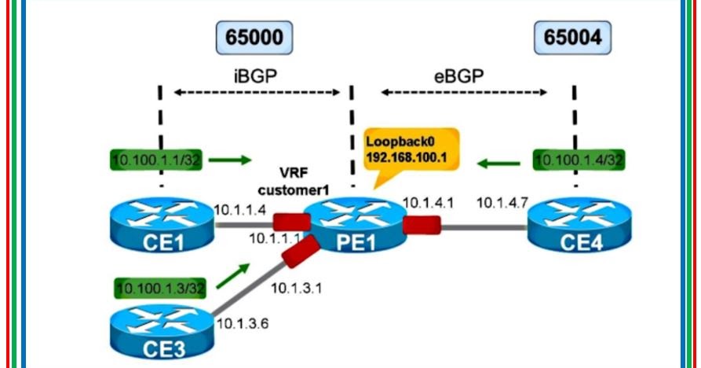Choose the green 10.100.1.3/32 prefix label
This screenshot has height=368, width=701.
tap(161, 289)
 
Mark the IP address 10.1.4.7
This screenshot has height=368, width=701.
tap(500, 204)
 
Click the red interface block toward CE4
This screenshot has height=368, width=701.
tap(421, 226)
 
